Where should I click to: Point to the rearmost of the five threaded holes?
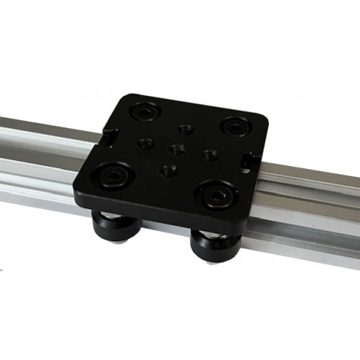186,127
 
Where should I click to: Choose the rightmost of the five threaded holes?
208,154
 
